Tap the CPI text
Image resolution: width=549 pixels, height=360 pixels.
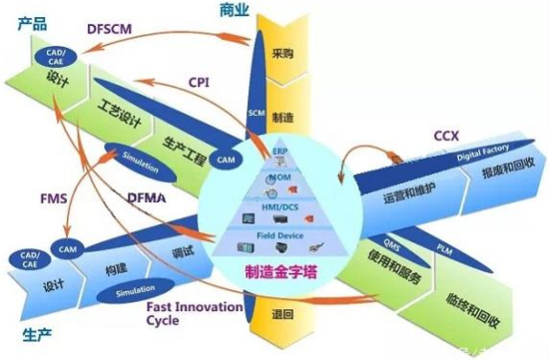199,82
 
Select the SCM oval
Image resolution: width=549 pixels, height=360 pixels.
256,113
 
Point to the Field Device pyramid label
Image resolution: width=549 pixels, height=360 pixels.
280,234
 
